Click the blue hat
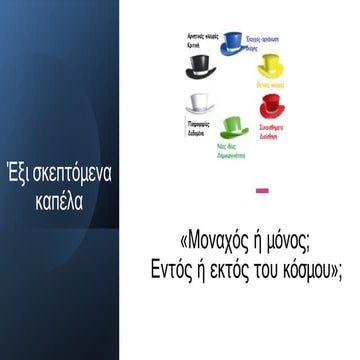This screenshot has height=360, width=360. click(x=231, y=41)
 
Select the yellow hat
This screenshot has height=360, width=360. click(x=268, y=66)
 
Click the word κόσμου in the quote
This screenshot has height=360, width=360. click(x=311, y=267)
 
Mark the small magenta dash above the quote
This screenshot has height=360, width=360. click(x=262, y=189)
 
